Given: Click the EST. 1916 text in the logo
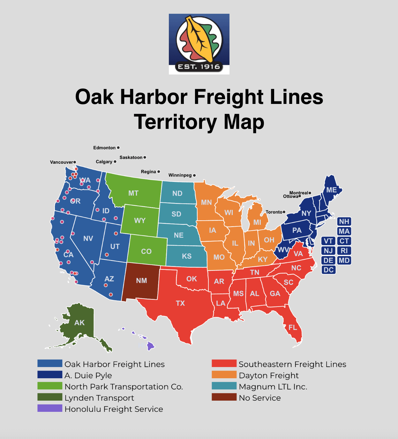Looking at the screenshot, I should point(199,67).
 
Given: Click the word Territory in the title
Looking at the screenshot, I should point(175,122).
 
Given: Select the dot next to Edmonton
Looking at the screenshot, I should point(118,148).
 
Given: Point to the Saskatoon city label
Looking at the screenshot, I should point(131,157).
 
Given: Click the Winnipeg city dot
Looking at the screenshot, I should point(194,175).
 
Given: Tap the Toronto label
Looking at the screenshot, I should point(274,212).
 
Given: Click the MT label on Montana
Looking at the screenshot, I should point(133,193).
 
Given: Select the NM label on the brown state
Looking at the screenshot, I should point(141,281).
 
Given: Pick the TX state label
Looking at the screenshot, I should point(180,303).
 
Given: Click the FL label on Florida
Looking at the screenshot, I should point(293,327).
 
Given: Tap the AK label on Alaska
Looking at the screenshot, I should point(79,323).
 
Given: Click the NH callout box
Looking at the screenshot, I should point(344,222).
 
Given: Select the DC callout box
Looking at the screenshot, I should point(328,270).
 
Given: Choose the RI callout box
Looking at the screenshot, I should point(344,251).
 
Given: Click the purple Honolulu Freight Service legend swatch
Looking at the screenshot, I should point(50,408).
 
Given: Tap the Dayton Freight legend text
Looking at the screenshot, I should point(269,375).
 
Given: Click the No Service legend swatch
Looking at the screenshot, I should point(224,397).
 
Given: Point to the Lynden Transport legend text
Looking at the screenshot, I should point(99,398).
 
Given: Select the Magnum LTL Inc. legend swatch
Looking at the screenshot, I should point(224,386).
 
